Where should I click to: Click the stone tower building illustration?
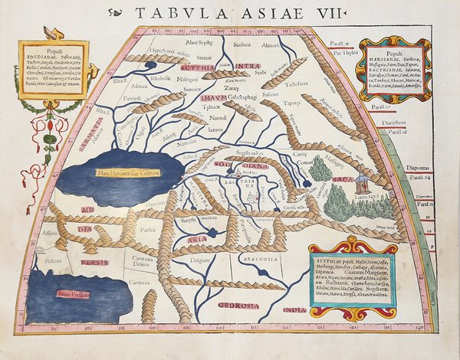click(360, 184)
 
